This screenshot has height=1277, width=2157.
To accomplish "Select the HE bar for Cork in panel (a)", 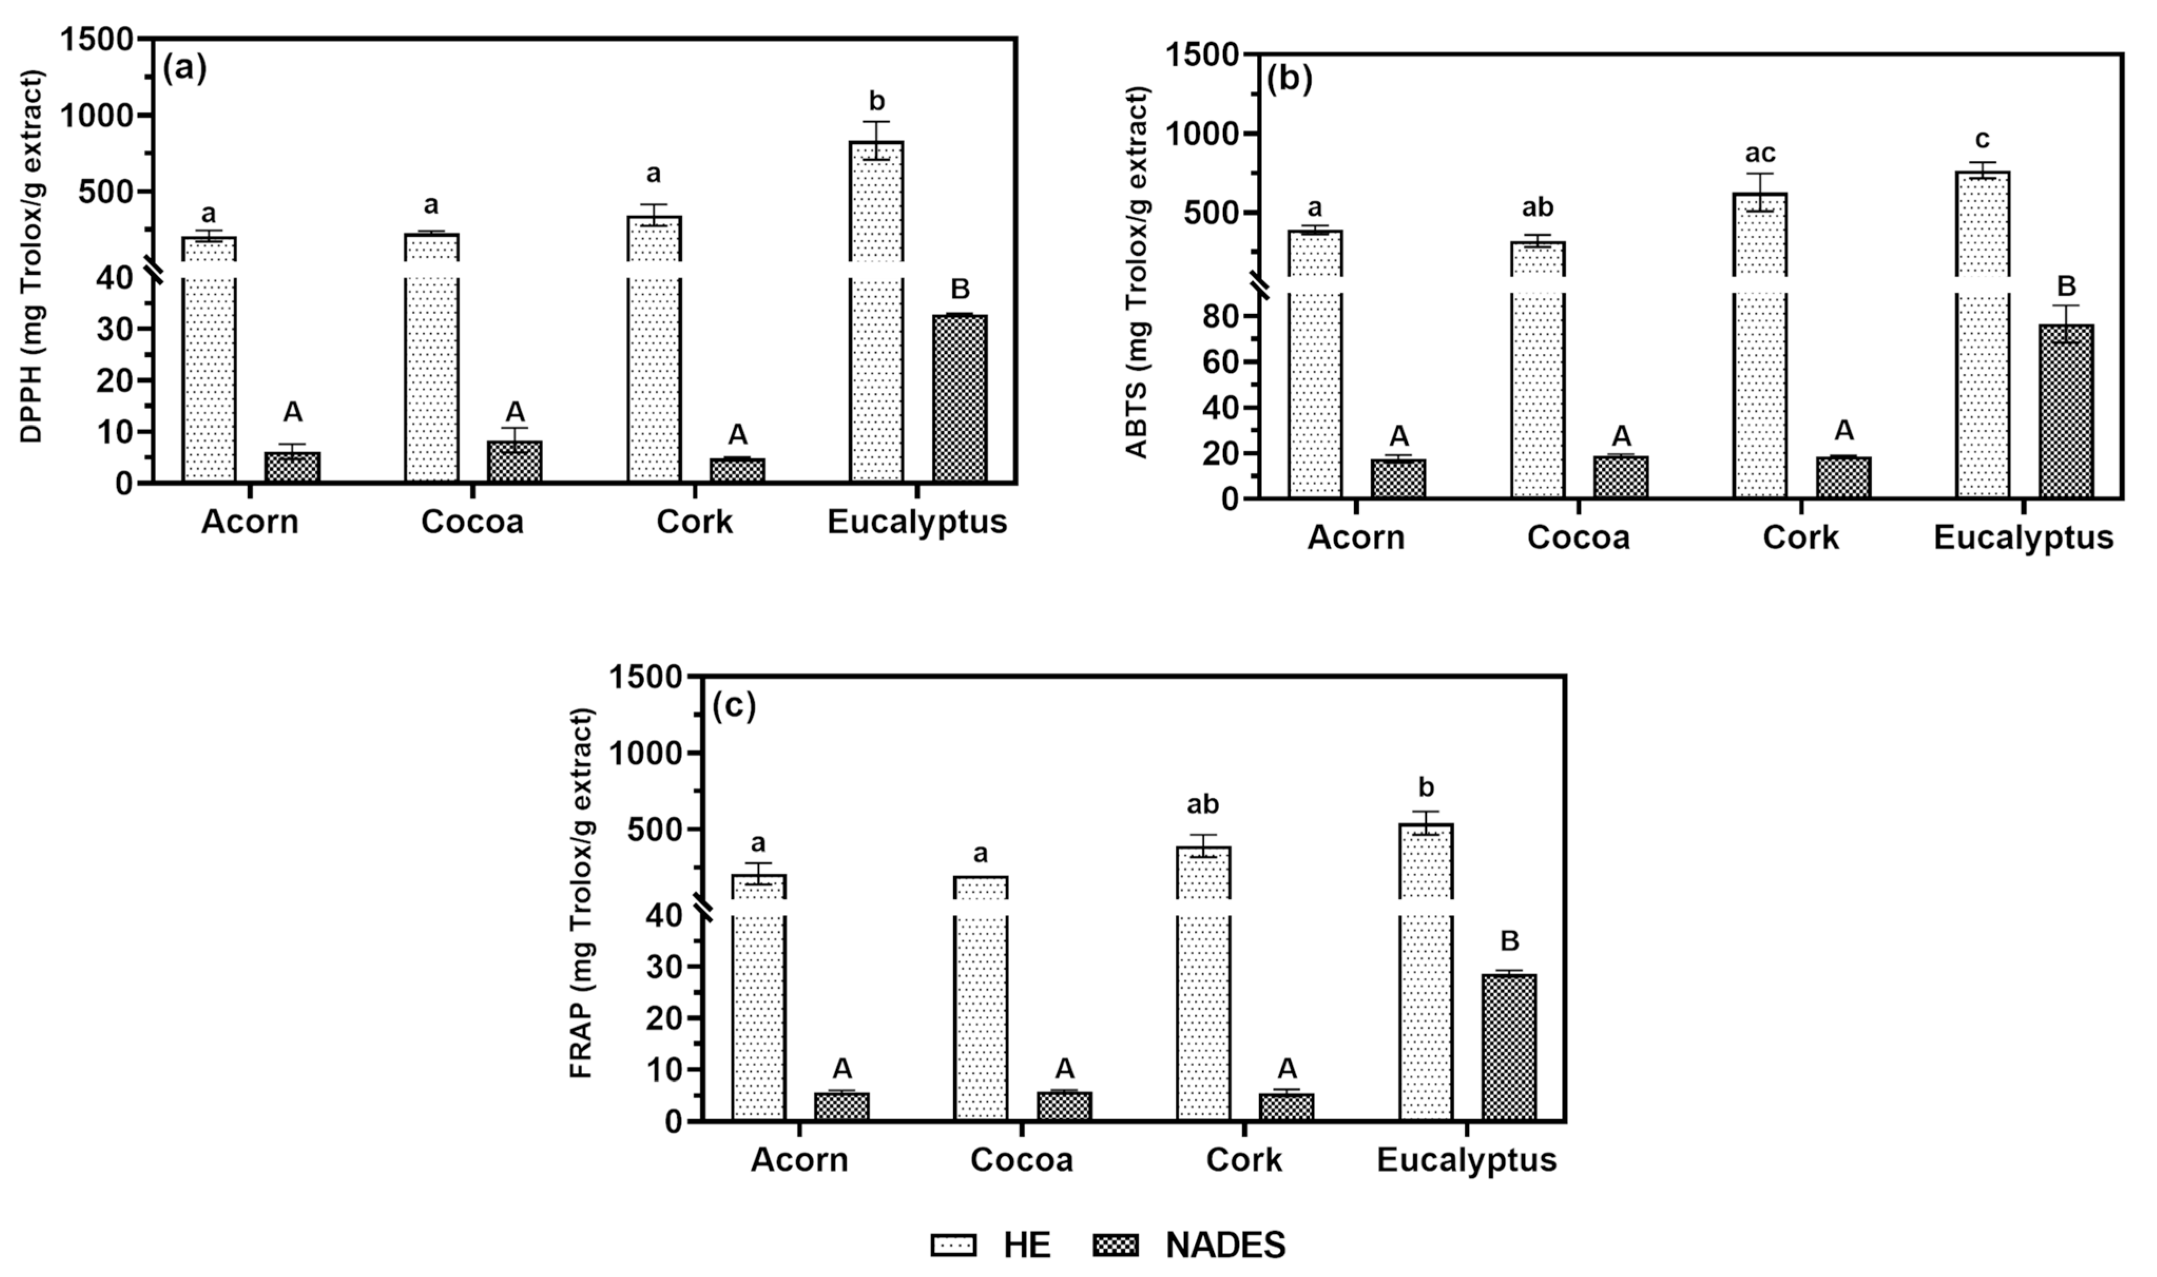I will pyautogui.click(x=654, y=361).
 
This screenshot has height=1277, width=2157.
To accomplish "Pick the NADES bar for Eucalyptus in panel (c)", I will pyautogui.click(x=1509, y=1047).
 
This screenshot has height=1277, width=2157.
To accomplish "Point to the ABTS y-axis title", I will pyautogui.click(x=1137, y=272).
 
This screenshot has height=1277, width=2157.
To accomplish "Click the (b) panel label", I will pyautogui.click(x=1289, y=79).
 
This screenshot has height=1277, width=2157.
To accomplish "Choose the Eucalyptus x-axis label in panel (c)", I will pyautogui.click(x=1467, y=1159).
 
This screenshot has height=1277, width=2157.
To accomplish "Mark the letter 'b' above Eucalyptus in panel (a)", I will pyautogui.click(x=877, y=102).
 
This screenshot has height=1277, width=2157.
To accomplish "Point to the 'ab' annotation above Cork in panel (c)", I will pyautogui.click(x=1202, y=805).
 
